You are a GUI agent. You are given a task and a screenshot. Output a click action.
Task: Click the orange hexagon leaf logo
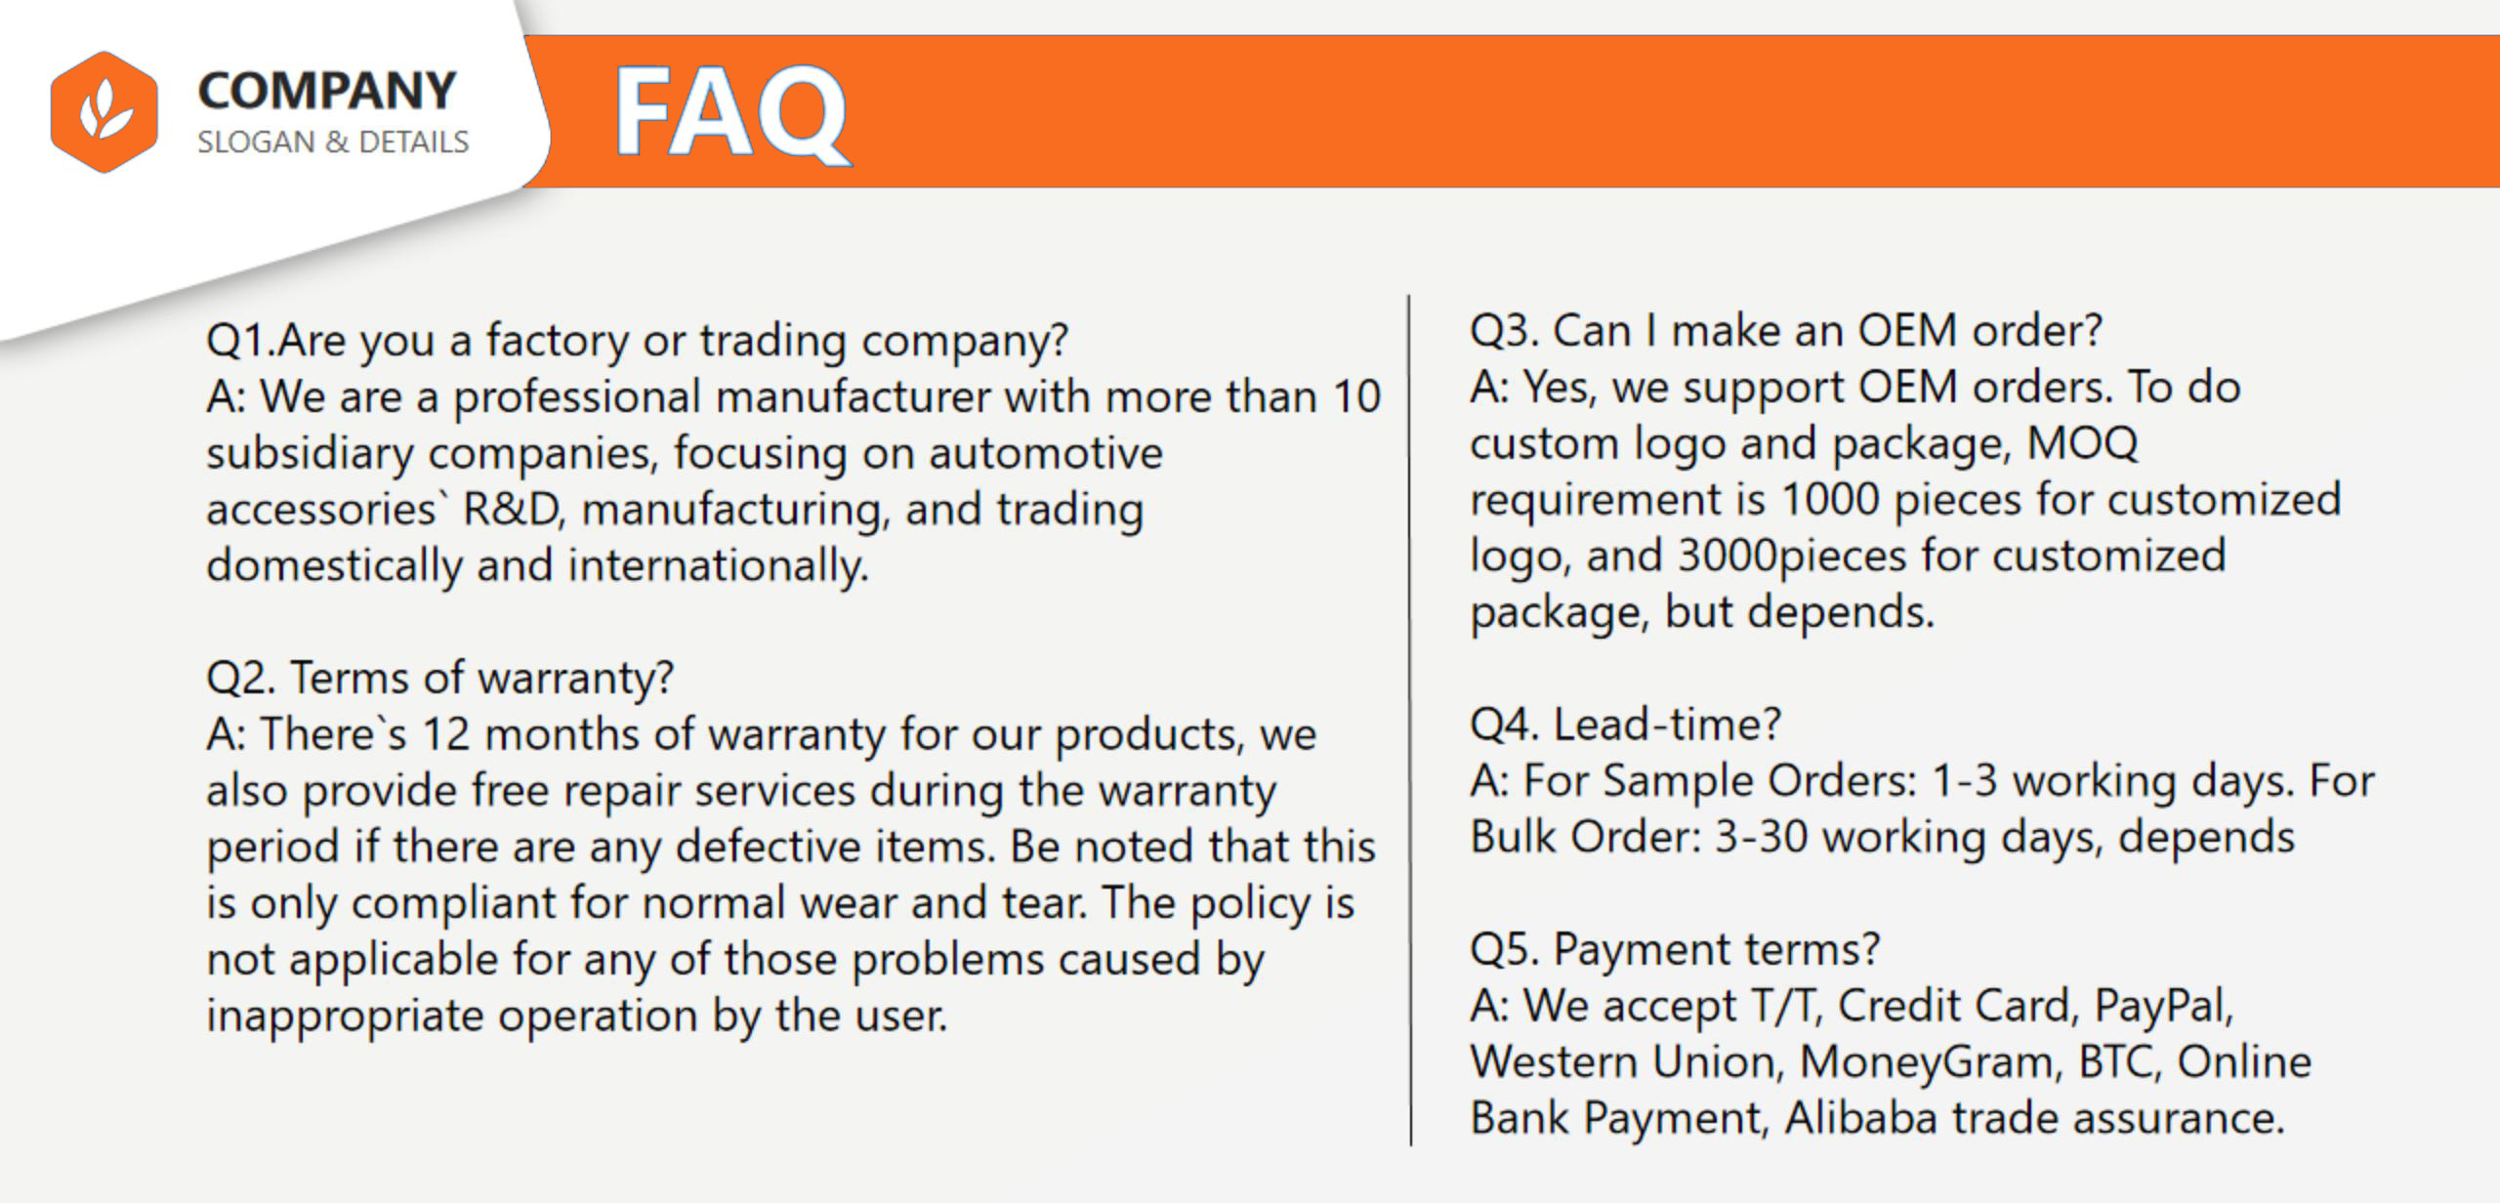(x=104, y=111)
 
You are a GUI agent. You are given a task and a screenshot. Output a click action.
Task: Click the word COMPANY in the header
(x=327, y=91)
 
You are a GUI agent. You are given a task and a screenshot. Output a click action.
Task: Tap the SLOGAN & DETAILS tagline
(x=333, y=143)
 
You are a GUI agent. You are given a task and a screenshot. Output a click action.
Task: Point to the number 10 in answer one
(x=1355, y=396)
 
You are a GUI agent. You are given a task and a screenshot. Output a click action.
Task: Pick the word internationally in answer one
(x=718, y=565)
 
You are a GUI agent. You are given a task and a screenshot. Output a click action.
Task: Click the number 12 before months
(x=445, y=734)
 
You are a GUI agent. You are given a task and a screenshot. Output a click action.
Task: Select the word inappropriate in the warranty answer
(x=345, y=1016)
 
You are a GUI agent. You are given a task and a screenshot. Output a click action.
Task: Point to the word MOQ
(x=2082, y=443)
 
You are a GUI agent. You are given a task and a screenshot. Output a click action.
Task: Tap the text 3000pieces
(x=1792, y=557)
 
